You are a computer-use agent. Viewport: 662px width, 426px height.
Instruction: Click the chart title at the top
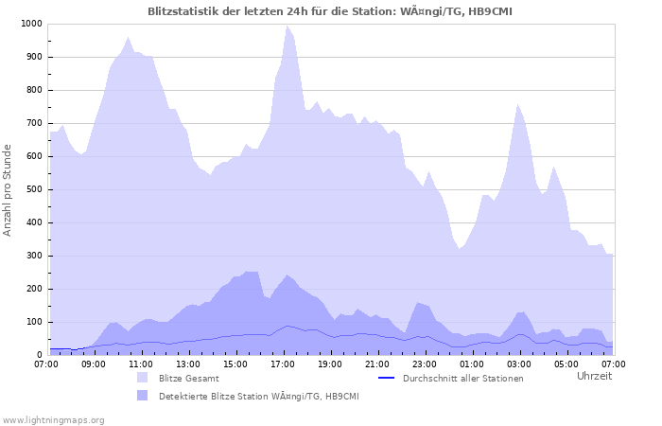click(331, 10)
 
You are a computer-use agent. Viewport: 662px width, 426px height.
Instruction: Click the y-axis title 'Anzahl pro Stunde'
click(9, 189)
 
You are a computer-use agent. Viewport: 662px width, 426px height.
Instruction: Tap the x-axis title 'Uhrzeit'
click(594, 376)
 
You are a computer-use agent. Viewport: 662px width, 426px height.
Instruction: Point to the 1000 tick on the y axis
click(32, 24)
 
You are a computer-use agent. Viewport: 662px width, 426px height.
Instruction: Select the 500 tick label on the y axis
click(35, 189)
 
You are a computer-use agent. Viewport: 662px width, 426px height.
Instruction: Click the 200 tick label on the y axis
click(35, 289)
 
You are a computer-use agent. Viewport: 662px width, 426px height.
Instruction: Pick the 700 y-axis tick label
click(35, 123)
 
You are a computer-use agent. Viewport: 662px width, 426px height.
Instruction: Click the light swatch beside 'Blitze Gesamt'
click(143, 378)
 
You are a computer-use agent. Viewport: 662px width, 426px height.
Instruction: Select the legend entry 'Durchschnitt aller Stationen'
click(462, 379)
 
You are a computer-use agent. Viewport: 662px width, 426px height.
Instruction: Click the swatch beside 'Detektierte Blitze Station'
click(143, 395)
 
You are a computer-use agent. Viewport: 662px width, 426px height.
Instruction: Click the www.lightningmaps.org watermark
click(53, 419)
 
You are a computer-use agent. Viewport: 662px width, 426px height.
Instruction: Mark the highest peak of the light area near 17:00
click(287, 26)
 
